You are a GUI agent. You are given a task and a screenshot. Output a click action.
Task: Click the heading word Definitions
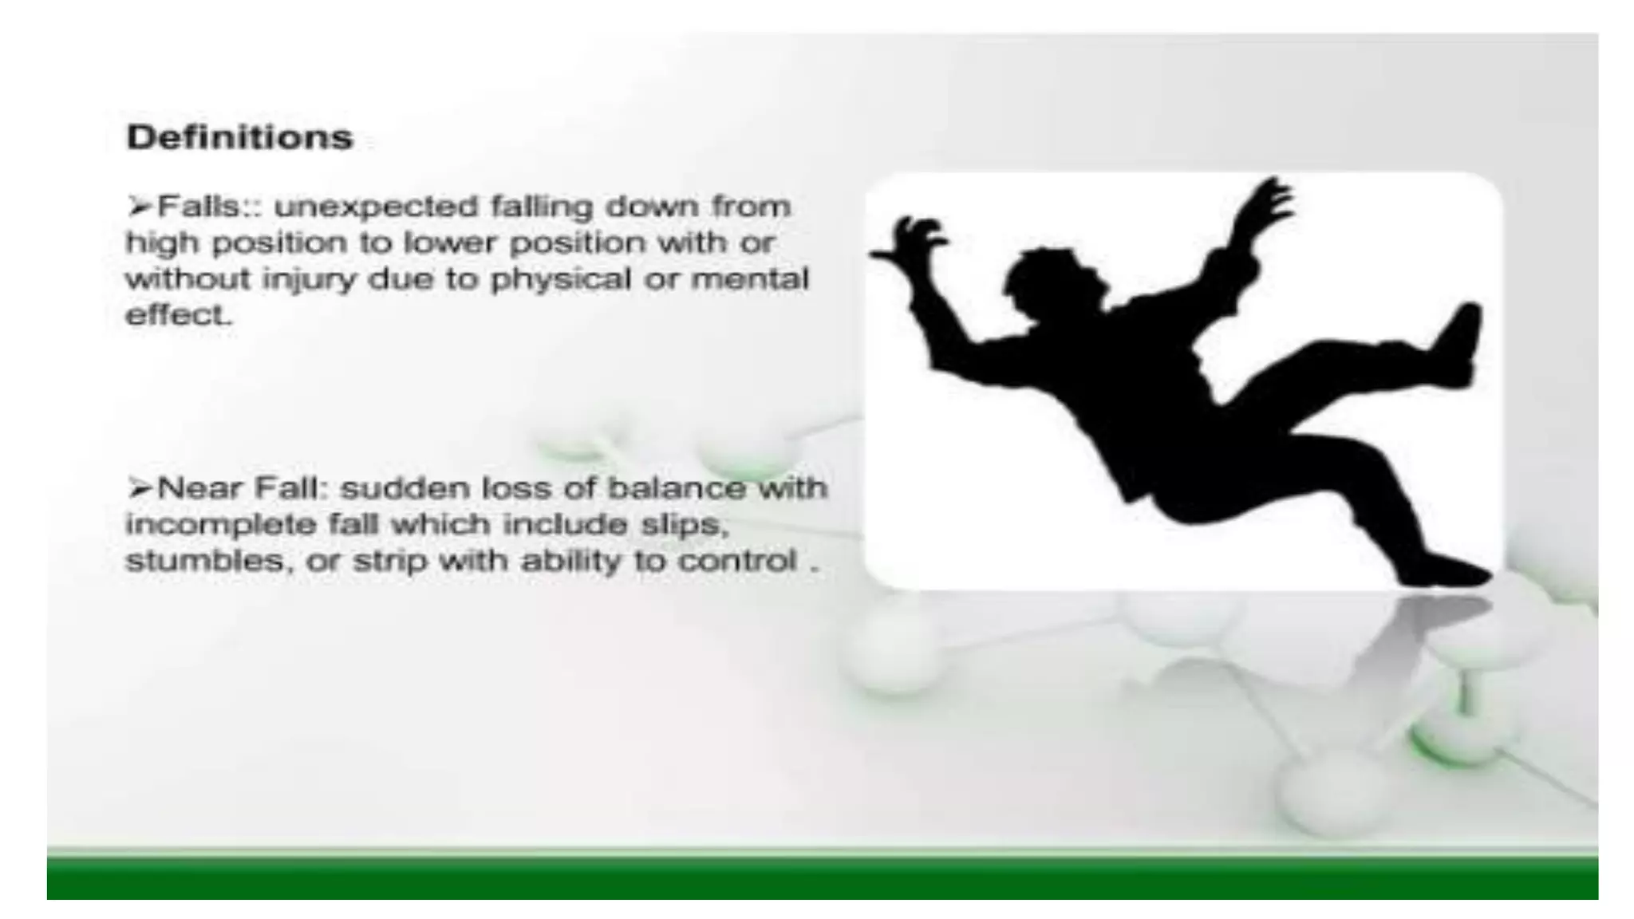(239, 137)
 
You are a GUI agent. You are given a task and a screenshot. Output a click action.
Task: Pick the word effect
(178, 315)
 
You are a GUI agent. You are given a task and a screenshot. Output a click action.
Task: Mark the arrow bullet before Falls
(139, 207)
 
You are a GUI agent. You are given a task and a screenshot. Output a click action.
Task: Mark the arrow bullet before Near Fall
(139, 487)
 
